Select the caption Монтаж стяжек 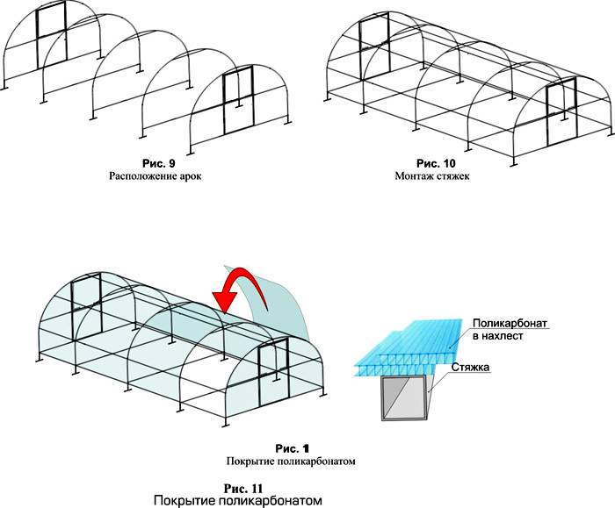(436, 175)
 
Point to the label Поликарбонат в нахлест (510, 330)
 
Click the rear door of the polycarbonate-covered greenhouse (87, 303)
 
